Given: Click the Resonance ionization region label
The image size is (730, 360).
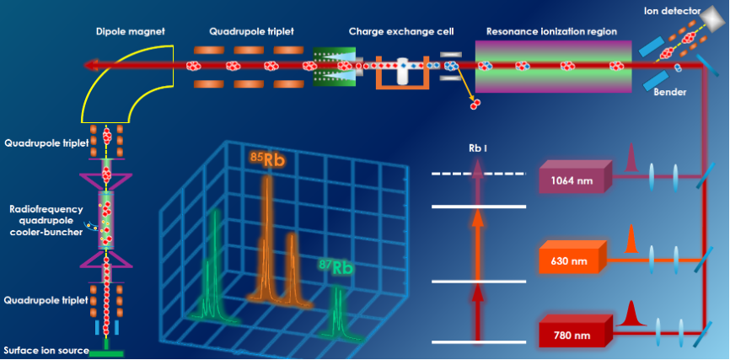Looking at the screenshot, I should (551, 31).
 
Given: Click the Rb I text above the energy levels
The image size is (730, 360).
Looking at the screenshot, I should (478, 150).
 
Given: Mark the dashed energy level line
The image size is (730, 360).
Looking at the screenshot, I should (477, 175).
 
